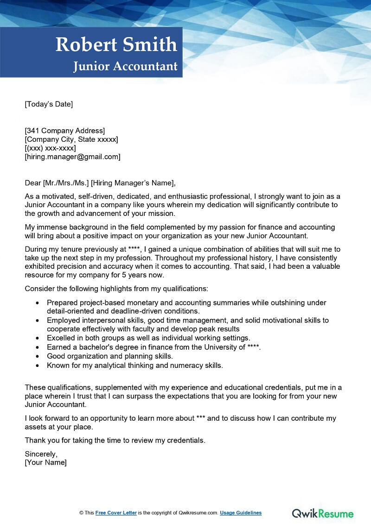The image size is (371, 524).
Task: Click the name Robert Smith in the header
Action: [116, 45]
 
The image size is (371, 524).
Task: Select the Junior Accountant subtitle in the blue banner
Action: [125, 66]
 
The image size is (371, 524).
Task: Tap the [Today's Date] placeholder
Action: [49, 104]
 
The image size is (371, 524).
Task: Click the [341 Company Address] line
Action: [65, 131]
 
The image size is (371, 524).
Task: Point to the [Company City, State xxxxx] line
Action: [71, 139]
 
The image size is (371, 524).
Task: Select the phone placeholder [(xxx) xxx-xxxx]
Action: [50, 148]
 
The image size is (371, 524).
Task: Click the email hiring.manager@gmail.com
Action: [72, 157]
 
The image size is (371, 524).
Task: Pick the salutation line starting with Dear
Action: [101, 183]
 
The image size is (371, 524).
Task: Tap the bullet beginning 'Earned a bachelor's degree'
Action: [154, 347]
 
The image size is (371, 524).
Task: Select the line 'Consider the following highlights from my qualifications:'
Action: [116, 289]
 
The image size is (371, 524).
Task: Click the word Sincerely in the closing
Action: [41, 454]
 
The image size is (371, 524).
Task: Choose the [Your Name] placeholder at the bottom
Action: [45, 462]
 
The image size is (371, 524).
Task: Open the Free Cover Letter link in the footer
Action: [116, 513]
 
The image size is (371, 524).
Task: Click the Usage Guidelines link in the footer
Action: [241, 513]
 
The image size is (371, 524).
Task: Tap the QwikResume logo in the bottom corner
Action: [322, 513]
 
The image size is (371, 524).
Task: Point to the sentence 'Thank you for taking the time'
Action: [115, 440]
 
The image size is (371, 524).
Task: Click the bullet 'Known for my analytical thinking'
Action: [135, 366]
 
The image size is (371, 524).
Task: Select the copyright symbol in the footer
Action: [81, 513]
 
